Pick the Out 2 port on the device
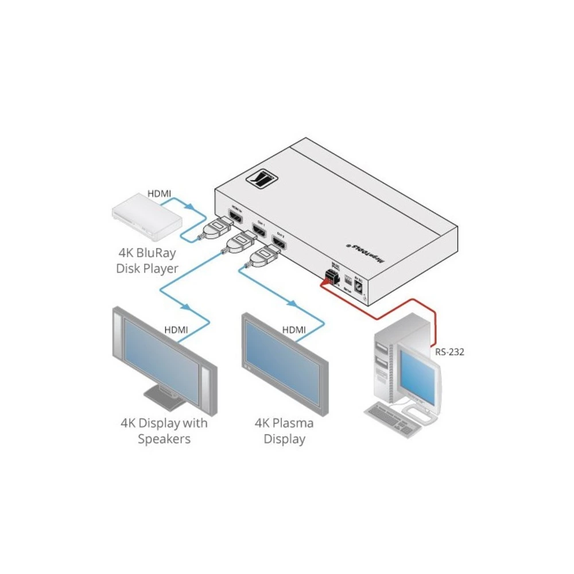point(280,245)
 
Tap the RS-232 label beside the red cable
point(449,352)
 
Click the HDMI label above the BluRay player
point(160,194)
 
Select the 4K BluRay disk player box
point(146,220)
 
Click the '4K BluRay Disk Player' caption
point(146,260)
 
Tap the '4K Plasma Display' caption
point(284,432)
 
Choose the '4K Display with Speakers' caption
point(164,432)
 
